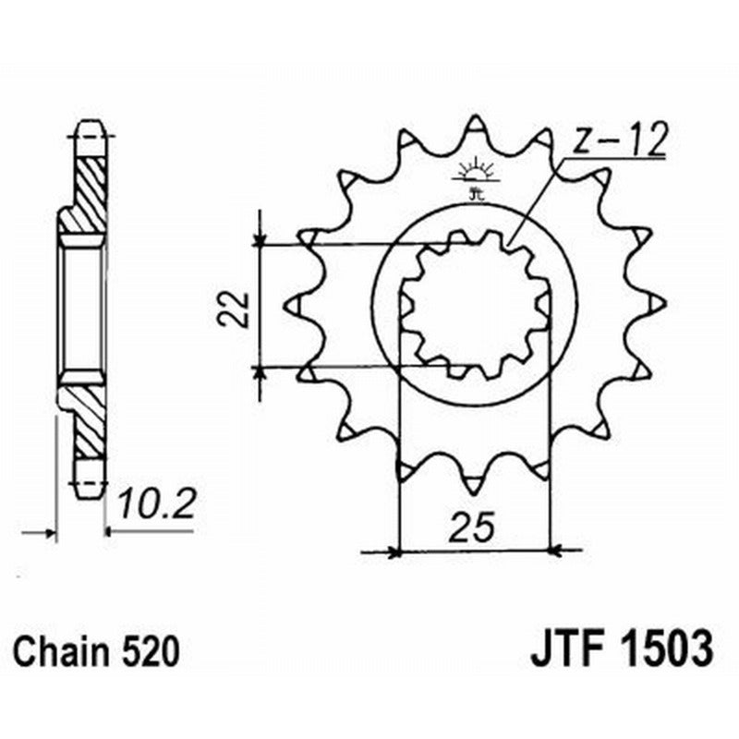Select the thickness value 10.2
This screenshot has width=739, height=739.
tap(157, 505)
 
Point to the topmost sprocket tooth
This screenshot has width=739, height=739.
tap(474, 124)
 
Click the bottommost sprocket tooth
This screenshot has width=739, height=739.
tap(474, 484)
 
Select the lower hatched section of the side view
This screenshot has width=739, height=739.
tap(90, 420)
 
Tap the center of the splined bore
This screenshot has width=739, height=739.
tap(474, 304)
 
